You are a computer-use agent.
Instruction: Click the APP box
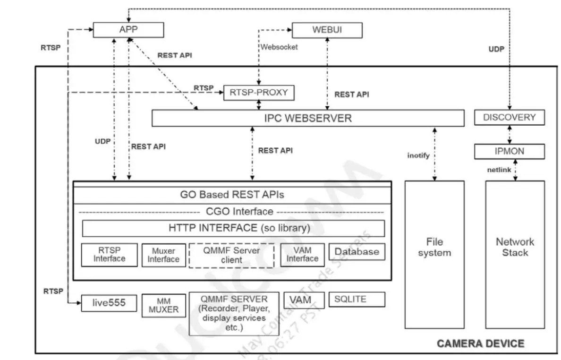128,30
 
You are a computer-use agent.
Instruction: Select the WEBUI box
327,30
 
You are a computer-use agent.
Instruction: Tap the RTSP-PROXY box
258,93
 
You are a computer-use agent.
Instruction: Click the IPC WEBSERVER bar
307,118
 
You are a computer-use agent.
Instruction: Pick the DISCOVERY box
509,117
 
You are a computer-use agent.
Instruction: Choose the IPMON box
509,152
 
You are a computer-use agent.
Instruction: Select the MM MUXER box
163,305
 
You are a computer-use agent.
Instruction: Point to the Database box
357,252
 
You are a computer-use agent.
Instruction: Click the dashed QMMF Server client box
231,256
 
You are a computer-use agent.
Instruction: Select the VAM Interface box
302,254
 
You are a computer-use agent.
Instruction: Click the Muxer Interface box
163,255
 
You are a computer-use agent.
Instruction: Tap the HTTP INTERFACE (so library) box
233,228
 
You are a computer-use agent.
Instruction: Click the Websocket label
280,47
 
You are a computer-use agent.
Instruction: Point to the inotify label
418,155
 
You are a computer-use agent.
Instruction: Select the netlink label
499,170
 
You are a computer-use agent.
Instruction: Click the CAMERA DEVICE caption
480,343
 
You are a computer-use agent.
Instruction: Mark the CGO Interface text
239,212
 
